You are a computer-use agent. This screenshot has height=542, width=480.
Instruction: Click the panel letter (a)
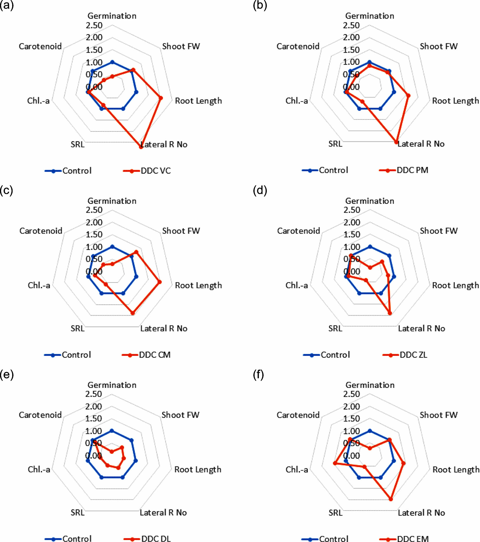(7, 5)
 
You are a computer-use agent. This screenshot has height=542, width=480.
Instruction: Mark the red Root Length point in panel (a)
(161, 98)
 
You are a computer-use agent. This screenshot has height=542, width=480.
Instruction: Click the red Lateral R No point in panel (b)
(396, 142)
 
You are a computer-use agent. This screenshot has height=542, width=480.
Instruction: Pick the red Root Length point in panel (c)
(159, 282)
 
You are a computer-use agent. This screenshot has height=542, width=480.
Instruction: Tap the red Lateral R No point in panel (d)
(390, 313)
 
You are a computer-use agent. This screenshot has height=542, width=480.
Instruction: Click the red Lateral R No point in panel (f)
(391, 499)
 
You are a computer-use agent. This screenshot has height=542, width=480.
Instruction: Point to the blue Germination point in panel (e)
(112, 431)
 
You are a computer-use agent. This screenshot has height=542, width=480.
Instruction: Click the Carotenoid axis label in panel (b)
(298, 46)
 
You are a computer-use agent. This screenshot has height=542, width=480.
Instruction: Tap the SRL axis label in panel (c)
(77, 329)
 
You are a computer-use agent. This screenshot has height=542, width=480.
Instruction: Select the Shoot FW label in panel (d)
(439, 231)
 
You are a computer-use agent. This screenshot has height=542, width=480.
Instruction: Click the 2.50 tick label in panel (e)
(94, 394)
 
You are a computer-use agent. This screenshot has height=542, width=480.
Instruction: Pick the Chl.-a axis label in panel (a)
(38, 101)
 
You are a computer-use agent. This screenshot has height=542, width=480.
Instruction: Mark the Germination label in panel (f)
(370, 385)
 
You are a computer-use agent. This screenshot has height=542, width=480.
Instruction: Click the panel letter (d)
(260, 190)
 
